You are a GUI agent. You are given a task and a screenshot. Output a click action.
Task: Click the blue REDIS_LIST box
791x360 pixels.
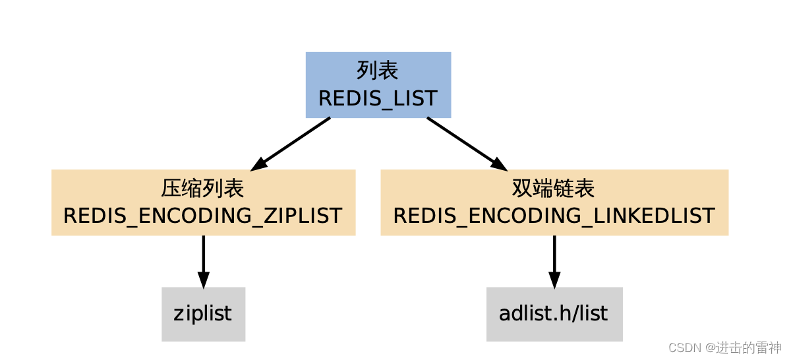[x=378, y=84]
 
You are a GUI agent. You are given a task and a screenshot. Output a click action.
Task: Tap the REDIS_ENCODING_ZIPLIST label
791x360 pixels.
[x=203, y=216]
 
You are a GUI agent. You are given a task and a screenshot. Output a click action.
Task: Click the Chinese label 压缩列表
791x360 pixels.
[x=203, y=189]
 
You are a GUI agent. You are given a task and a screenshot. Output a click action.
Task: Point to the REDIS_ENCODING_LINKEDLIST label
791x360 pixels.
[x=554, y=216]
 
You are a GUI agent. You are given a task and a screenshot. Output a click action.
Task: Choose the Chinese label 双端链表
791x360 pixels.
[x=554, y=189]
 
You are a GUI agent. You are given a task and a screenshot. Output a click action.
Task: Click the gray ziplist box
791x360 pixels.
[x=203, y=314]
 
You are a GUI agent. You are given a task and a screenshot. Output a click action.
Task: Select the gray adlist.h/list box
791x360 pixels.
[x=554, y=314]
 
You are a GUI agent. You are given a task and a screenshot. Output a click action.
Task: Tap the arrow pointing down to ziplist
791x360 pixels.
[x=203, y=258]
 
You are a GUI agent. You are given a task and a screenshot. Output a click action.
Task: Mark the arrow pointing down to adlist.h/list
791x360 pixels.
[x=554, y=258]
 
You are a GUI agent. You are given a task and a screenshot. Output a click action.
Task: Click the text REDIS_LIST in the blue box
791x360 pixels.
[x=378, y=98]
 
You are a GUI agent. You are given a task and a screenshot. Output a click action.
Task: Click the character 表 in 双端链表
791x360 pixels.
[x=585, y=189]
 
